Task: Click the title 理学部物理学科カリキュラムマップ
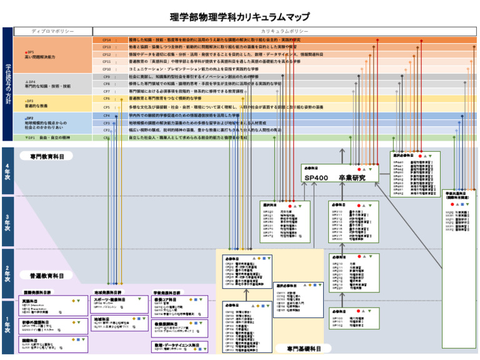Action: (239, 17)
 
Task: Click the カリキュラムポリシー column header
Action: (284, 31)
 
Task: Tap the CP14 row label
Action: (106, 40)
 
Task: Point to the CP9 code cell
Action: (106, 76)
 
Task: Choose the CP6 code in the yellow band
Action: (106, 98)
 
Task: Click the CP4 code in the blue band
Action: (106, 116)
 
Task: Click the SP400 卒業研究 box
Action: (339, 177)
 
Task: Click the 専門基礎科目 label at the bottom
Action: (304, 348)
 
